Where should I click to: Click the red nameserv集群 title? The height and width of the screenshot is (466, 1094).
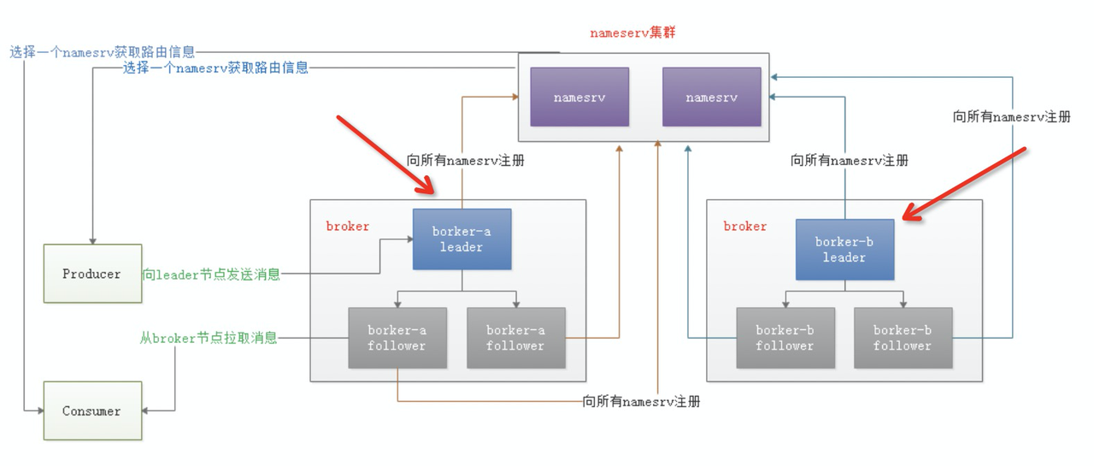(x=633, y=33)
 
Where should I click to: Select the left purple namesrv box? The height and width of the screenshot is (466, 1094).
(x=579, y=97)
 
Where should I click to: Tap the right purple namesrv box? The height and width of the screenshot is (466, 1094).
(x=711, y=97)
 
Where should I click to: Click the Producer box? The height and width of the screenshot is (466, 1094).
(x=92, y=274)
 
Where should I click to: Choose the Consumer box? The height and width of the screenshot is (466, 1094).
(x=92, y=411)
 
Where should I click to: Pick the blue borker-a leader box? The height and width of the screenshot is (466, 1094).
(x=462, y=239)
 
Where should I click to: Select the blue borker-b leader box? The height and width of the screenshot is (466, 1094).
(x=844, y=250)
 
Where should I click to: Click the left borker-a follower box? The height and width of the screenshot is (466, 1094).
(x=397, y=338)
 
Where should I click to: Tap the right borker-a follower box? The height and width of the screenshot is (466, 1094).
(x=515, y=338)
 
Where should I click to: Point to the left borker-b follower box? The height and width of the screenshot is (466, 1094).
(x=785, y=338)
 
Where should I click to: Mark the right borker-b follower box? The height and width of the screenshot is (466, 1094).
(x=903, y=338)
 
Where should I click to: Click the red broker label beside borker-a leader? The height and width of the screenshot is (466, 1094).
(x=348, y=227)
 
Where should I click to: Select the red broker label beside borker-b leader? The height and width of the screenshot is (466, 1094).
(x=745, y=227)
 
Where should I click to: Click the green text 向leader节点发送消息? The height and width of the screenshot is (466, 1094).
(x=211, y=274)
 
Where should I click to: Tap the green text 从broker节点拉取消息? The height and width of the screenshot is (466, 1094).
(x=209, y=338)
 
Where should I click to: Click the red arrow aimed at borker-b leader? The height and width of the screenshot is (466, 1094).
(x=966, y=183)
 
